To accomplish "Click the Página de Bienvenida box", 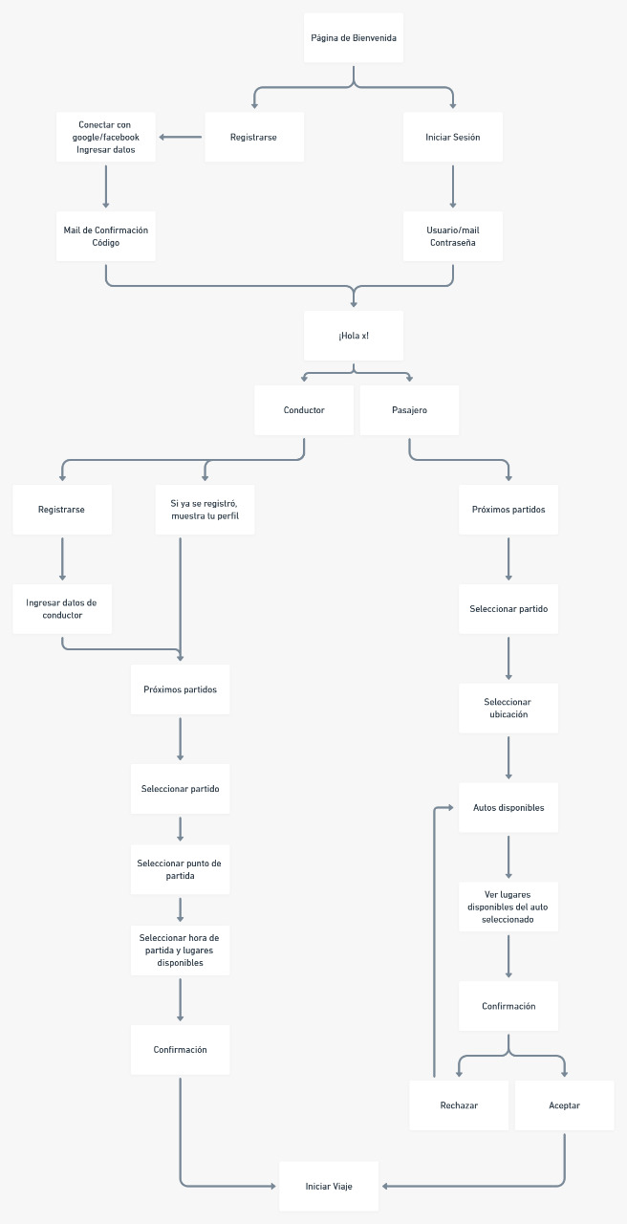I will (x=354, y=38).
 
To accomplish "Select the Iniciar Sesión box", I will (x=452, y=137).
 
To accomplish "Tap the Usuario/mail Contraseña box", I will (x=452, y=236).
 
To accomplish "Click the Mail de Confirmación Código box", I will (x=106, y=236).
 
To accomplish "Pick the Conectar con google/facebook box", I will (x=106, y=137).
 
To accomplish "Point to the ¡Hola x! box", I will (x=354, y=336).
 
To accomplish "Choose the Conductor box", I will (x=304, y=410).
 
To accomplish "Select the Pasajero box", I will (x=409, y=410).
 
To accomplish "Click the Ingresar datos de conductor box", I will (x=62, y=609).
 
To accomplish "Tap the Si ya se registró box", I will (x=205, y=510).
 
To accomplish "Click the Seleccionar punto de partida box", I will (x=180, y=869).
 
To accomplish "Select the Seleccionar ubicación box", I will (x=508, y=709).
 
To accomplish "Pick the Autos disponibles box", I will (x=508, y=808).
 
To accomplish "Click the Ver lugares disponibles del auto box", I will (x=508, y=907).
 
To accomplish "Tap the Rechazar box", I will (x=459, y=1105).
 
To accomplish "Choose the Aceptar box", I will (x=564, y=1105).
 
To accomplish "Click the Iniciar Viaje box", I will (x=329, y=1187).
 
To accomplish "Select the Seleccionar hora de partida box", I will (x=180, y=950).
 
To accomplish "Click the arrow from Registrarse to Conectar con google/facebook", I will (x=181, y=137).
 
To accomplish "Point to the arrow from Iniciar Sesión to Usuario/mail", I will (x=452, y=186).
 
